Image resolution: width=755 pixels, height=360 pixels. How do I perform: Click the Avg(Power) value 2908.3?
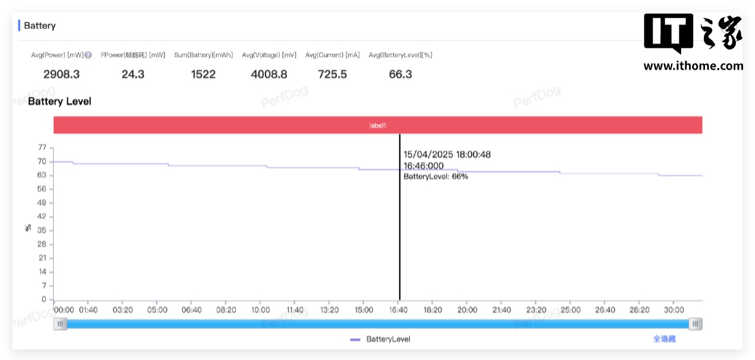coord(61,74)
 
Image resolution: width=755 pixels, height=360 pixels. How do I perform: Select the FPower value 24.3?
coord(133,74)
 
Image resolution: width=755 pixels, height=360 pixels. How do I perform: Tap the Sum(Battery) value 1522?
coord(203,74)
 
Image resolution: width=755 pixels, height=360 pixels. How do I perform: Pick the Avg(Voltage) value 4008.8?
coord(269,74)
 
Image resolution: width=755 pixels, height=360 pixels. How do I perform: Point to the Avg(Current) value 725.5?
coord(332,74)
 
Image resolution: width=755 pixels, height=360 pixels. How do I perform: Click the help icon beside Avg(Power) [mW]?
coord(88,55)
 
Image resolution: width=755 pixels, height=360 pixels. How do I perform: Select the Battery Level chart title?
coord(60,102)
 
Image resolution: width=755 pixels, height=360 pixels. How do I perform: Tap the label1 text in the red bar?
coord(377,126)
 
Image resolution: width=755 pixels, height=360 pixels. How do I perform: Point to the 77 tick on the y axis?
coord(42,148)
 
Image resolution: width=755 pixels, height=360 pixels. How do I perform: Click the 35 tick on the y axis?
coord(42,230)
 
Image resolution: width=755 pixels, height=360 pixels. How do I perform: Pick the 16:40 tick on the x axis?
coord(398,310)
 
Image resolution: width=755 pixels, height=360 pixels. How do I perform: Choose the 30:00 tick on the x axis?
coord(674,310)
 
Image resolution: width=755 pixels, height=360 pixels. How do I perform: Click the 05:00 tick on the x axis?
coord(157,310)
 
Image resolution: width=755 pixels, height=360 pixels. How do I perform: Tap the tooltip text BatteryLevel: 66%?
coord(436,177)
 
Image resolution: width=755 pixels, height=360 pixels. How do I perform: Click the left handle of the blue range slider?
coord(60,324)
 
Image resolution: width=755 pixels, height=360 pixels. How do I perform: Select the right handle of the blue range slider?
coord(695,324)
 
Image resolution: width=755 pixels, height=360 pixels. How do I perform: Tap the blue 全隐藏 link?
coord(664,339)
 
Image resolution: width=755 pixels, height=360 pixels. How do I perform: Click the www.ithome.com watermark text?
coord(693,66)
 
